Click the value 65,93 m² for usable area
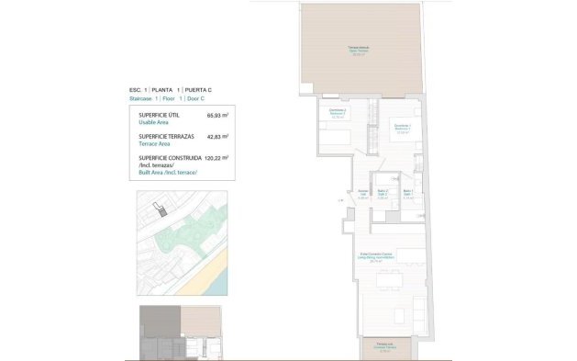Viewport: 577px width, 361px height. click(216, 116)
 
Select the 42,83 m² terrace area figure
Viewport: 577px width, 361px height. click(216, 137)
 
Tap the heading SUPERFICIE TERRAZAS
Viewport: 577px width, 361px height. click(164, 137)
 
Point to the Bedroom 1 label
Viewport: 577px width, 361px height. click(402, 129)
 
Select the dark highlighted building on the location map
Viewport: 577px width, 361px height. click(163, 213)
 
